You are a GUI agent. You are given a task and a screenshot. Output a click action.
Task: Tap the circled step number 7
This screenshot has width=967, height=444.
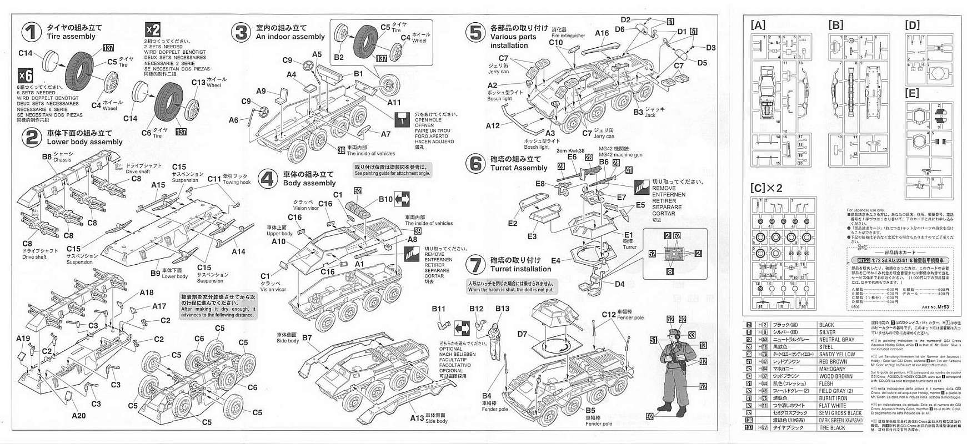pos(475,264)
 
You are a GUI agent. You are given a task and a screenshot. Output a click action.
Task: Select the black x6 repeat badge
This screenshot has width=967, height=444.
pos(26,75)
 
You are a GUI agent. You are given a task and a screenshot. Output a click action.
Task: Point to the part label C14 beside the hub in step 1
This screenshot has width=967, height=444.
pos(26,53)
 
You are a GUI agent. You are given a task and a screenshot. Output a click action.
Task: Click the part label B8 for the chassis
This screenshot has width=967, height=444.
pos(47,157)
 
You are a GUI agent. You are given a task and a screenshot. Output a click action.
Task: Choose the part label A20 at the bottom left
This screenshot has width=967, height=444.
pos(78,416)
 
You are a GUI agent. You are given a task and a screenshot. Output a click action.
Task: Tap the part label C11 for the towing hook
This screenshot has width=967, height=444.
pos(214,179)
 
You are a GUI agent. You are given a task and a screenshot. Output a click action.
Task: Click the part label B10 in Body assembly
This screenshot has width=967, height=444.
pos(385,199)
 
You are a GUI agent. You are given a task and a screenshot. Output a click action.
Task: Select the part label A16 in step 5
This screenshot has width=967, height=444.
pos(602,33)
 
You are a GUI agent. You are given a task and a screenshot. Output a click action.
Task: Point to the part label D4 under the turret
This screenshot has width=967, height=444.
pos(619,284)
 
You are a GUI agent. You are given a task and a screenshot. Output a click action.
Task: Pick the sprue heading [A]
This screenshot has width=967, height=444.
pos(758,25)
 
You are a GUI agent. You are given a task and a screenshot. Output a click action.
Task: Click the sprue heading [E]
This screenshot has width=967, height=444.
pos(912,93)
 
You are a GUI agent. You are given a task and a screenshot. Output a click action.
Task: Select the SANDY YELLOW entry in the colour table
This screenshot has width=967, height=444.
pos(837,354)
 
